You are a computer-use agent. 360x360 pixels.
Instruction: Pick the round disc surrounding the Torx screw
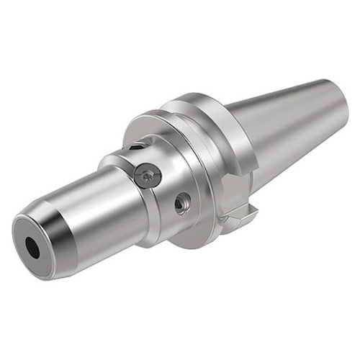click(x=153, y=179)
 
